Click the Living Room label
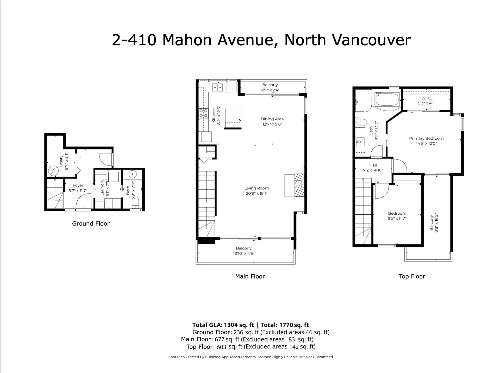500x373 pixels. coord(257,188)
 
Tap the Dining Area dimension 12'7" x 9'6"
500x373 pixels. coord(272,124)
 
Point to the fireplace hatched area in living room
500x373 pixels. coord(299,185)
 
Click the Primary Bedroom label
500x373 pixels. coord(426,138)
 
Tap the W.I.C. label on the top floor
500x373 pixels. coord(427,98)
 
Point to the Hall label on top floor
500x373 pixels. coord(373,165)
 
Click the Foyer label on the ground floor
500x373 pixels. coord(78,185)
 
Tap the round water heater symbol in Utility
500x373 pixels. coord(54,171)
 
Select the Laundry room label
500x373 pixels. coord(102,188)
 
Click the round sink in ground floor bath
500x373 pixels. coord(133,173)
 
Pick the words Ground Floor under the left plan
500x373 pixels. coord(91,223)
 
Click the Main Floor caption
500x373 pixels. coord(250,276)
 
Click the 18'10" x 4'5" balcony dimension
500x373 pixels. coord(243,253)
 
